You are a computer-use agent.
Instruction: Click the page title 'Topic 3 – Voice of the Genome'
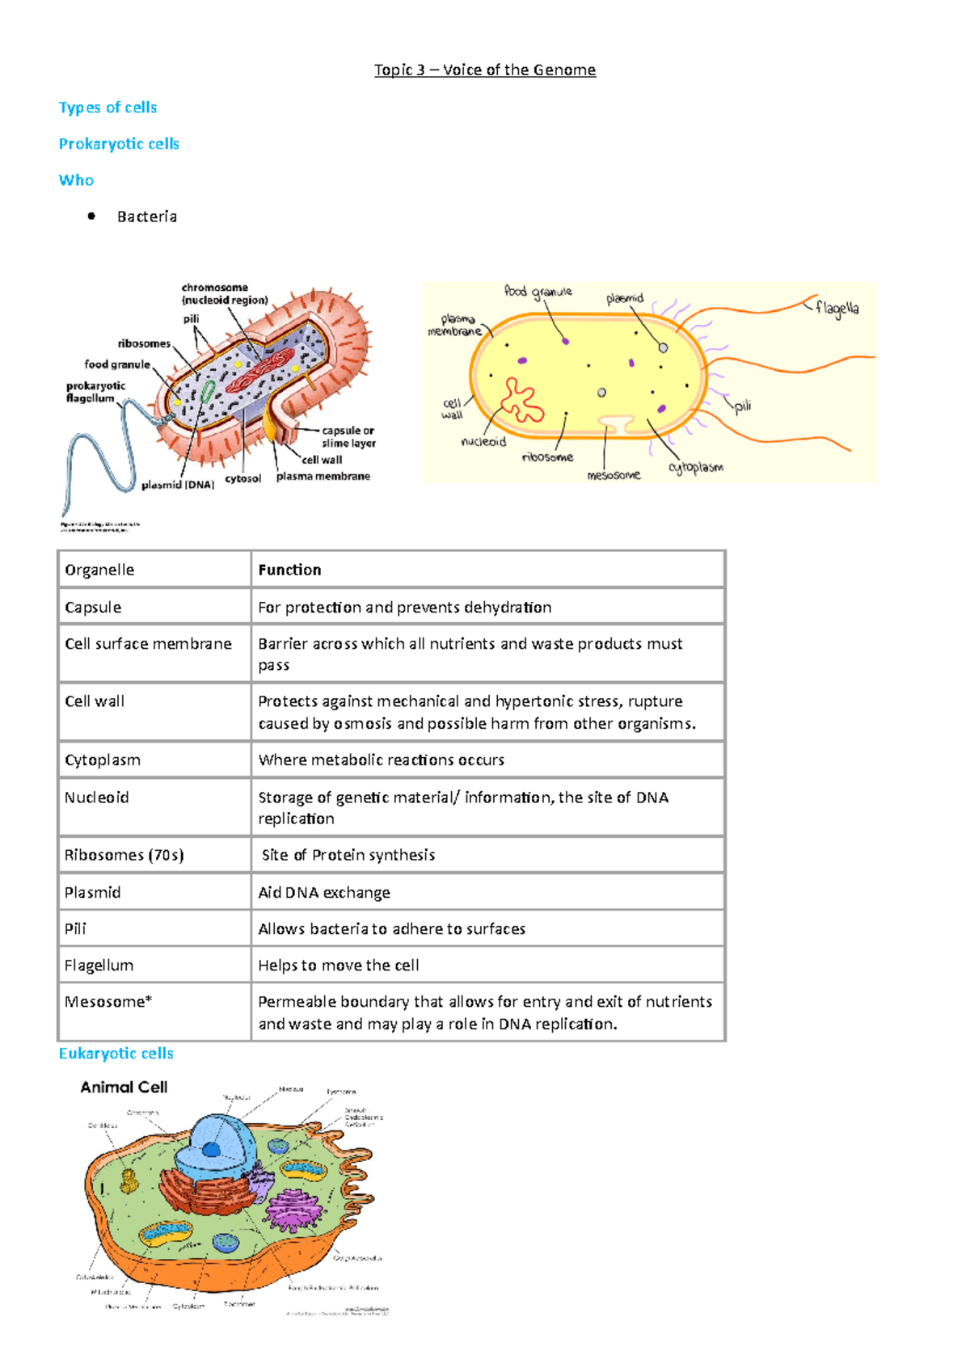coord(485,70)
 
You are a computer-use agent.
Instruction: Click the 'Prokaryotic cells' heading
coord(119,144)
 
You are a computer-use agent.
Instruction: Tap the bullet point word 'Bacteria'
coord(147,217)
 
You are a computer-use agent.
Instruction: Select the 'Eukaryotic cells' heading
coord(116,1054)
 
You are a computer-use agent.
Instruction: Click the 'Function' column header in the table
coord(289,570)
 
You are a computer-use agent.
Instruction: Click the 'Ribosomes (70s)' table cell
coord(124,855)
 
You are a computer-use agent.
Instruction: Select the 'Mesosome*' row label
coord(108,1002)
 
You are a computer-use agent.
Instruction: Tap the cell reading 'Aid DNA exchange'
coord(324,892)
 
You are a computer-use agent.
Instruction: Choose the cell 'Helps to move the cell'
coord(339,966)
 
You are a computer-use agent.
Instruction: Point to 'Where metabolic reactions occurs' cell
coord(381,760)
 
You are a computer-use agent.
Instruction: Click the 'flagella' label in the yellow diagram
coord(837,308)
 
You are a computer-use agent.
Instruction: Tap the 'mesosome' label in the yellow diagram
coord(614,475)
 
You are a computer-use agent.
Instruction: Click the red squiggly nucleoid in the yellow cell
coord(521,400)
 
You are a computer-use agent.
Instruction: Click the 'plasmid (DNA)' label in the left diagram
coord(178,485)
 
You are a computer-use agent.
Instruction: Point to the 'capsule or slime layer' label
coord(348,436)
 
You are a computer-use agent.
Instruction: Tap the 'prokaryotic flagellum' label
coord(95,392)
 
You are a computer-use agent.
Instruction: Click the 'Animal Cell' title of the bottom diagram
coord(124,1088)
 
